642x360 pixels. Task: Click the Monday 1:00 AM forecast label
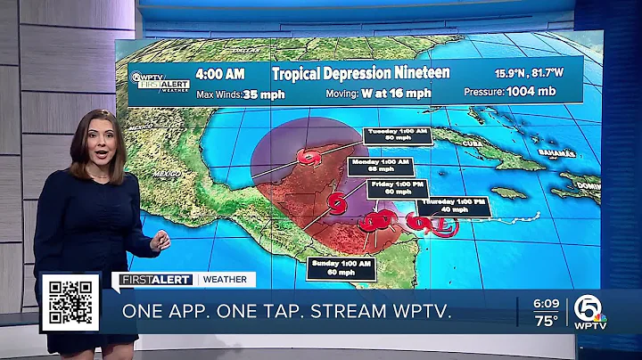pyautogui.click(x=381, y=165)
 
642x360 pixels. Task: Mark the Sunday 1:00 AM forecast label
pyautogui.click(x=339, y=266)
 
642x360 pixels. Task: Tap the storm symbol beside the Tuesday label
pyautogui.click(x=310, y=158)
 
